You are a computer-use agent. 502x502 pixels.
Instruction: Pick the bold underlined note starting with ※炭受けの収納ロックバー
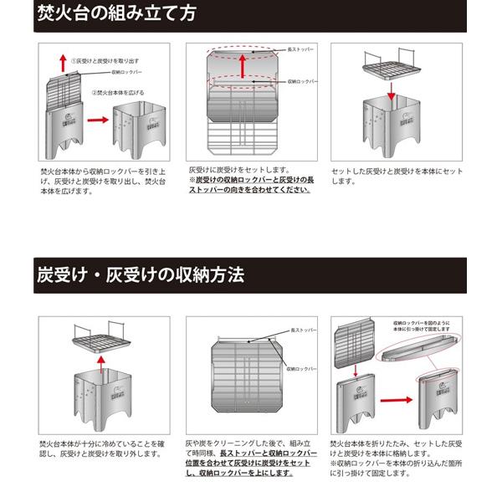pyautogui.click(x=243, y=184)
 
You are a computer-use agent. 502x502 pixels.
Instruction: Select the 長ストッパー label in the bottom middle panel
pyautogui.click(x=302, y=331)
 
